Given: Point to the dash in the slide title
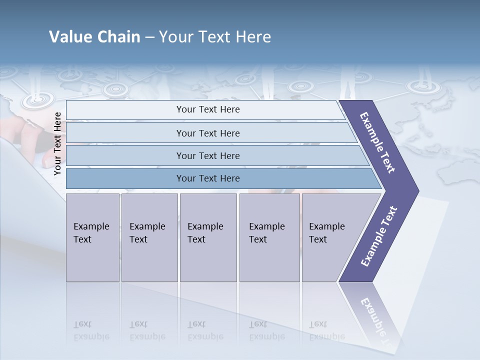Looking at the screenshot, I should [149, 37].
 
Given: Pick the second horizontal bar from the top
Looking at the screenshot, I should [207, 133].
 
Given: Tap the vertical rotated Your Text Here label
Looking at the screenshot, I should [57, 143].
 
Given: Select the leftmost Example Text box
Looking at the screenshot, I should [92, 237].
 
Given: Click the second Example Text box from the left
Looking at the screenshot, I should [149, 237].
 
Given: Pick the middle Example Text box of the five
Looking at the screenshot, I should [208, 237].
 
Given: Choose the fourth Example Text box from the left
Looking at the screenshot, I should [269, 237].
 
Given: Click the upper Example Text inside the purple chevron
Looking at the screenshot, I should [377, 142].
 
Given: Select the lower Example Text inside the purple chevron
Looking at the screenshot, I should [378, 236].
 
